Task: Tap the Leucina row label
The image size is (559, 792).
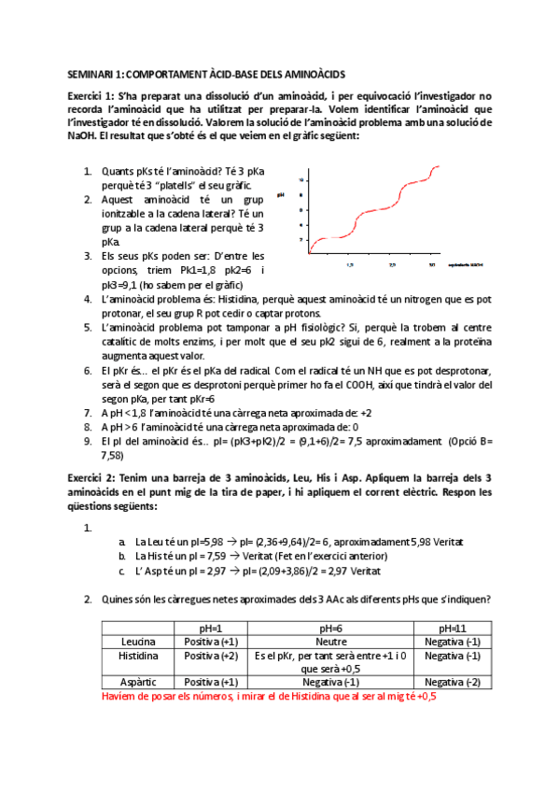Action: pyautogui.click(x=138, y=642)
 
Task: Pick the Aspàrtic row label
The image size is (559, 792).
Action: pyautogui.click(x=138, y=683)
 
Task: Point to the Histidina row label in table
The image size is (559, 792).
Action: pyautogui.click(x=138, y=656)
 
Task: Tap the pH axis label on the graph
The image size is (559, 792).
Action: pyautogui.click(x=281, y=194)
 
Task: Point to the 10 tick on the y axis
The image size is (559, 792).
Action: pyautogui.click(x=301, y=179)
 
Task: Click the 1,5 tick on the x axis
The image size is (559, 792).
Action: pyautogui.click(x=348, y=265)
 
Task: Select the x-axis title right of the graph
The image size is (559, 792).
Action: pyautogui.click(x=467, y=266)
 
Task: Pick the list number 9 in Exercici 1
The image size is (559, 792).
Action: pyautogui.click(x=87, y=441)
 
